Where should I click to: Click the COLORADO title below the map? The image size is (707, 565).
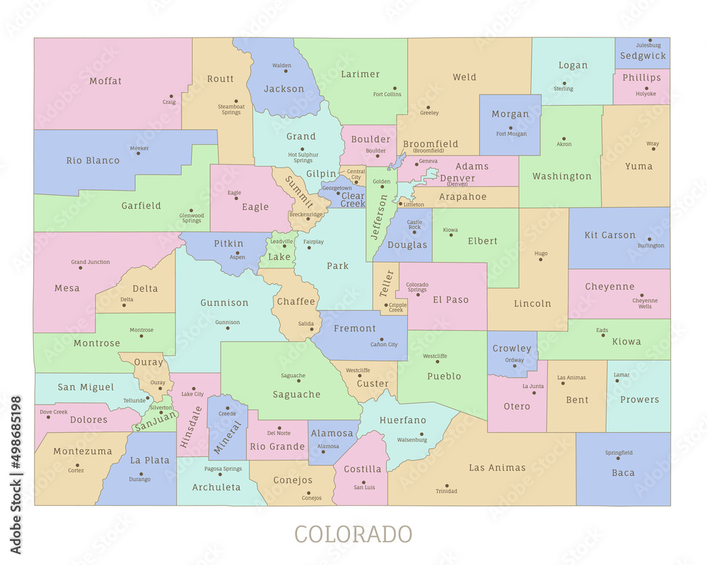(x=353, y=534)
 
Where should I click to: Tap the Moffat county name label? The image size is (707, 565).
(x=105, y=81)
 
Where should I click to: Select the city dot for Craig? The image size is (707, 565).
(x=172, y=95)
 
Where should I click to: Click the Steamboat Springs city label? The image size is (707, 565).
(x=231, y=109)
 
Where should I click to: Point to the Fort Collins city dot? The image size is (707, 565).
(x=395, y=88)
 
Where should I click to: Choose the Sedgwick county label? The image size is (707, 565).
(x=643, y=56)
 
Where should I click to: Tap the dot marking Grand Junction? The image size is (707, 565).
(x=81, y=268)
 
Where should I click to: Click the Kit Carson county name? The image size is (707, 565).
(x=609, y=235)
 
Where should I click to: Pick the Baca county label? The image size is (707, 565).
(x=623, y=473)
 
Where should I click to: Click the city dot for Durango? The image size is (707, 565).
(x=141, y=474)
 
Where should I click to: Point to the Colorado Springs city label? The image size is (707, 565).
(x=417, y=287)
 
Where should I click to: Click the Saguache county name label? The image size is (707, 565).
(x=297, y=395)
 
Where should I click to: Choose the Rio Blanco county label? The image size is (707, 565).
(x=93, y=160)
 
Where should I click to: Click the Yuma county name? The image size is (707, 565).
(x=638, y=167)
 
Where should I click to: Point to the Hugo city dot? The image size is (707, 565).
(x=541, y=259)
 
